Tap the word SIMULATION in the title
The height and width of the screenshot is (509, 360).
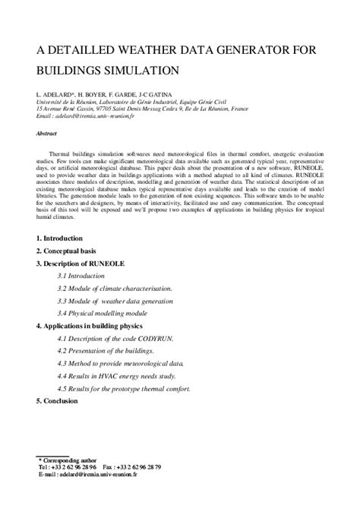(x=135, y=71)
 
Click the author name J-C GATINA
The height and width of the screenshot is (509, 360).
(x=156, y=93)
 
